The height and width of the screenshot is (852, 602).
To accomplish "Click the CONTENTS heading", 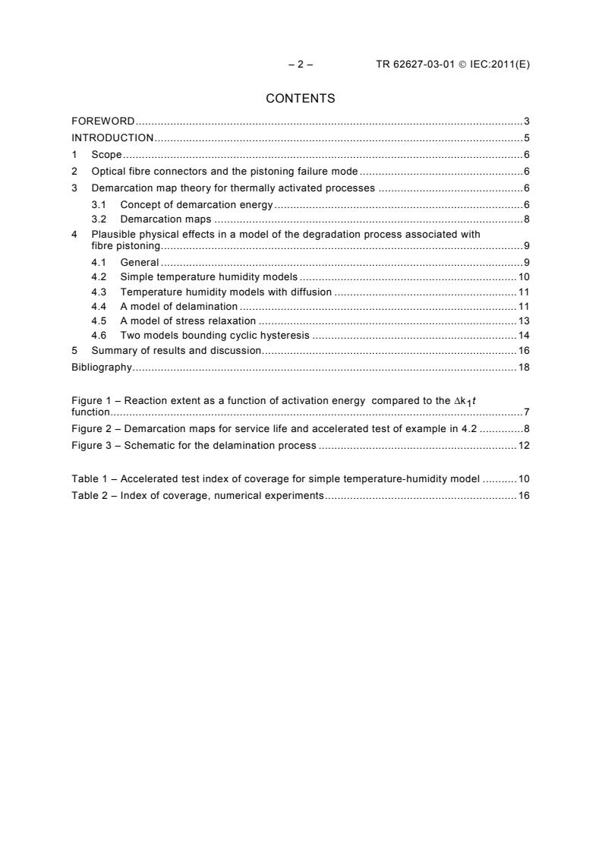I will coord(301,98).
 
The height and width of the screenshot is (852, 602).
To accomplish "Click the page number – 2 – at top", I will coord(301,65).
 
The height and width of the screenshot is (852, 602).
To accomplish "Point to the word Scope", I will coord(106,154).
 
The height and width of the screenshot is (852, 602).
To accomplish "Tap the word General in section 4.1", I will coord(140,263).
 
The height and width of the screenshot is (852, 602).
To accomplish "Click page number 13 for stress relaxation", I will coord(524,320).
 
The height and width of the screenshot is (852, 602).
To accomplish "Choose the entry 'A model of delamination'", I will coord(179,306).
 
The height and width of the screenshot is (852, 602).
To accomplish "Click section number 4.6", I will coord(98,335).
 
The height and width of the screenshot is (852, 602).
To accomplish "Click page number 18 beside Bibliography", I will coord(524,367).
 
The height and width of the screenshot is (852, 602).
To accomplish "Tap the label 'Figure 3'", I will coord(90,445).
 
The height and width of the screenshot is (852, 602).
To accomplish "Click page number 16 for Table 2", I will coord(524,496).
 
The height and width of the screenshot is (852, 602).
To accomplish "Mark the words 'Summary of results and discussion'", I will coord(176,350).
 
